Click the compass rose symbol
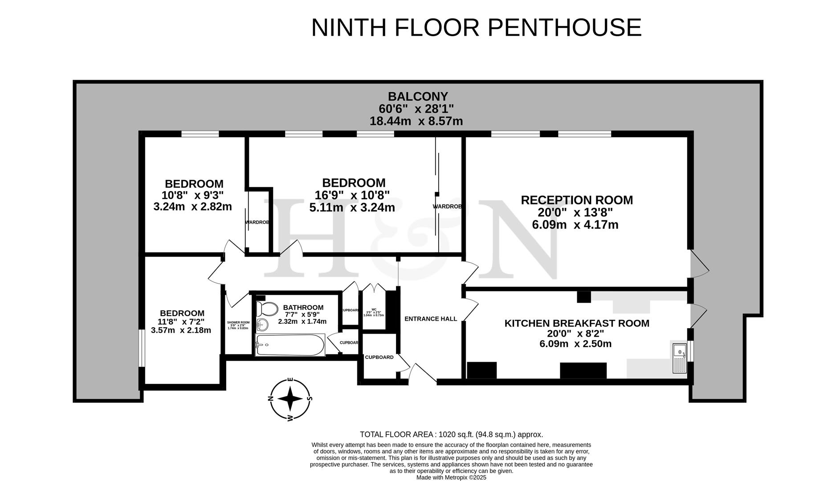[x=290, y=399]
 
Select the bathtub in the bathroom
[x=290, y=345]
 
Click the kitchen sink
[x=679, y=358]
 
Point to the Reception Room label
[x=576, y=200]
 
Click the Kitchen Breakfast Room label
[x=576, y=323]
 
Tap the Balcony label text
[x=417, y=97]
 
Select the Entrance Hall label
[x=430, y=319]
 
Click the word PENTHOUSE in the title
[x=564, y=28]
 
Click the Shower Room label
[x=238, y=322]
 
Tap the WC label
[x=374, y=310]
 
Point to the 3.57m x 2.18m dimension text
[x=181, y=330]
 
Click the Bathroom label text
[x=303, y=308]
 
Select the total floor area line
[x=451, y=434]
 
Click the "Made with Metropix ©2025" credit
[x=451, y=477]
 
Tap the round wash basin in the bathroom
[x=262, y=325]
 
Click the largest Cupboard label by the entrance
[x=379, y=357]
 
